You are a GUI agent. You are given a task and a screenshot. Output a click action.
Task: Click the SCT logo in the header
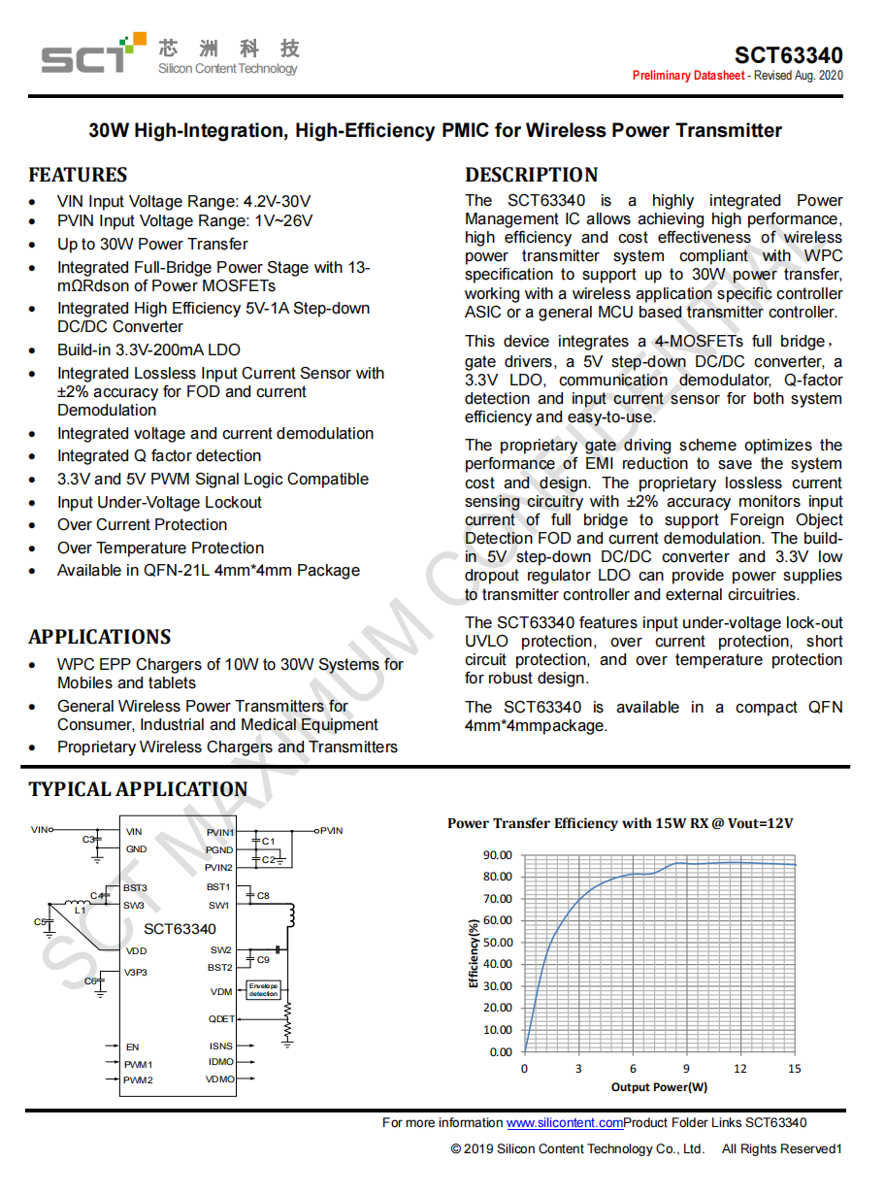pos(87,54)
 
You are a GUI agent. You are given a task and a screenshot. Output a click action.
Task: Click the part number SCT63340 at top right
pos(788,55)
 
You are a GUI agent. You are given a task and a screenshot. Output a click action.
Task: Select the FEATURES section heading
pos(78,176)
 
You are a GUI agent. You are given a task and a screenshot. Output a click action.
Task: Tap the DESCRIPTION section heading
pos(531,176)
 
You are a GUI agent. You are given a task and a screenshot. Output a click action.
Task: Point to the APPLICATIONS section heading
pos(99,638)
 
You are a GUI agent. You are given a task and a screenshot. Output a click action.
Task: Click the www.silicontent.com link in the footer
pos(564,1123)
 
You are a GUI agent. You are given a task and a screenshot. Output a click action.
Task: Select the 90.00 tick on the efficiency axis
pos(497,855)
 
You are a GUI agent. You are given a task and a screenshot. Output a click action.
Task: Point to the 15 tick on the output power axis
pos(794,1069)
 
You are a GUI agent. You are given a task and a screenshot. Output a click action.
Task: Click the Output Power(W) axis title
pos(659,1087)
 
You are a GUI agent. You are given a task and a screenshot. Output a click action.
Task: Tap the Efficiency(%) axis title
pos(474,954)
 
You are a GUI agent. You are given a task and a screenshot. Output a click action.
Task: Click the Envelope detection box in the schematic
pos(263,990)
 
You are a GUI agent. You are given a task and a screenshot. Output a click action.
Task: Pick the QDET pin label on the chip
pos(221,1019)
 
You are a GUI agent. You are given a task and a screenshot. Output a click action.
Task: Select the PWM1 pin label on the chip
pos(139,1065)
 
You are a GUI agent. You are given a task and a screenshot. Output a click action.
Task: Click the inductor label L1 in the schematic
pos(81,911)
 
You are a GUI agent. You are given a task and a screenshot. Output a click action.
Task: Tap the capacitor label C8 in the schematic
pos(263,896)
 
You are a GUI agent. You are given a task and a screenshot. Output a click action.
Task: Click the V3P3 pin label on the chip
pos(137,973)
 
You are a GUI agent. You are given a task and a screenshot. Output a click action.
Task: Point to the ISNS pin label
pos(221,1046)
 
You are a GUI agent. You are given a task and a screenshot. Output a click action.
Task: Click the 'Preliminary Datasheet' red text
pos(688,76)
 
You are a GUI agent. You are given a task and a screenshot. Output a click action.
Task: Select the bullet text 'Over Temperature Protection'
pos(160,548)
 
